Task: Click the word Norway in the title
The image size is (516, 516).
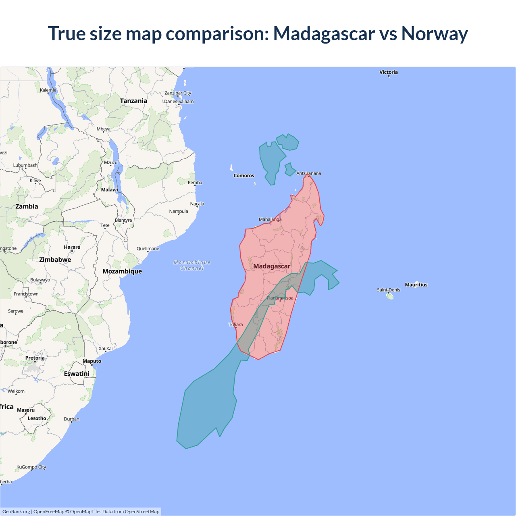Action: click(x=434, y=33)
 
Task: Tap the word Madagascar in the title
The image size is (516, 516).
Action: click(x=324, y=33)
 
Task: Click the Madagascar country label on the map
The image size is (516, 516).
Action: click(x=272, y=266)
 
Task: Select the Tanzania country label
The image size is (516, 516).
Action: click(x=133, y=101)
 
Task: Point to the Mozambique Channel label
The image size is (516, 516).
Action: click(x=192, y=265)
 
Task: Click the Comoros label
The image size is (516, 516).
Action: click(x=244, y=175)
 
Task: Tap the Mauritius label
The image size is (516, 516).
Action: click(x=416, y=285)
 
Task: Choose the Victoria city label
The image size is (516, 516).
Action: click(x=388, y=72)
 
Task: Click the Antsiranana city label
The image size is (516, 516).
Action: click(x=309, y=173)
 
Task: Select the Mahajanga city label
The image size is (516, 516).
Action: click(x=270, y=219)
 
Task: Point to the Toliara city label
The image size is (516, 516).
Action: click(x=236, y=325)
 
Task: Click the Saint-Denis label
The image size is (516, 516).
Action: click(x=389, y=290)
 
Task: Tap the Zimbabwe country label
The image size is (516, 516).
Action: click(x=55, y=260)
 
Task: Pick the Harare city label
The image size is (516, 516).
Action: click(x=72, y=247)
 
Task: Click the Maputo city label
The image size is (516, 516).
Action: click(x=92, y=361)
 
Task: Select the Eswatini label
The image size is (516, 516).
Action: click(x=77, y=374)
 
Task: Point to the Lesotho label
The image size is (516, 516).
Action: click(x=37, y=418)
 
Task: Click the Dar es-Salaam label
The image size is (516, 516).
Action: click(x=179, y=102)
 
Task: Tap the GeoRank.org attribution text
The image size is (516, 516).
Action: click(x=16, y=512)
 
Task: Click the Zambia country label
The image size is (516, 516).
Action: click(x=27, y=206)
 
